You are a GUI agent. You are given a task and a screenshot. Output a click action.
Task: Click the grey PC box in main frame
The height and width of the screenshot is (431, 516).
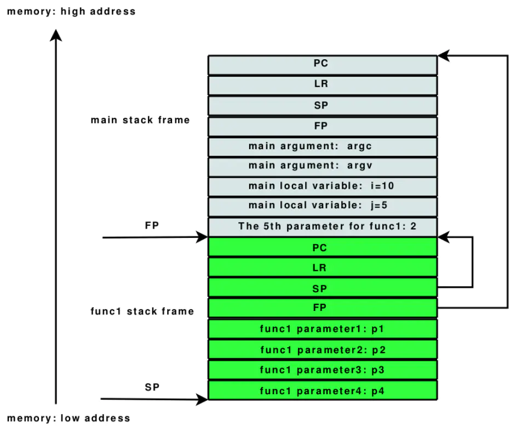[x=322, y=64]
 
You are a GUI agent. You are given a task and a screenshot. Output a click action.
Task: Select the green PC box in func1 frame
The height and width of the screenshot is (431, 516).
[x=322, y=247]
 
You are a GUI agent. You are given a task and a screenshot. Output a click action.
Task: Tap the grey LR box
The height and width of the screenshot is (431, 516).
[x=322, y=84]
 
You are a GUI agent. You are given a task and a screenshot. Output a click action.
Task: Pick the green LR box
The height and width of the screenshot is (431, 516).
[x=322, y=268]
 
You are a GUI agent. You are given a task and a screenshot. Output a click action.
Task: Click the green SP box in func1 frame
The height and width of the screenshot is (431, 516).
[x=322, y=288]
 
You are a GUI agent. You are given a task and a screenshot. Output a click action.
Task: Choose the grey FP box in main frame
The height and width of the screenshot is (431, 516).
[x=322, y=126]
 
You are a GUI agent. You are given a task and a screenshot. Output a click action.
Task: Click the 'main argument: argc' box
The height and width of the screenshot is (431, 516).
[x=322, y=146]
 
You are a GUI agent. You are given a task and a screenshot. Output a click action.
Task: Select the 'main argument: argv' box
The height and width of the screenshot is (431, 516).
[x=322, y=166]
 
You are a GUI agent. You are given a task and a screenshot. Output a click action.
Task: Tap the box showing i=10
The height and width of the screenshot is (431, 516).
[x=322, y=186]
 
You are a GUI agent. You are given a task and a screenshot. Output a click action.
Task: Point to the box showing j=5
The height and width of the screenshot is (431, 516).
[x=322, y=206]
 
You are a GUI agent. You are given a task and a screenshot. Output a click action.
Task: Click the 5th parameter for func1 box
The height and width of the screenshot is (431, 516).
[x=322, y=226]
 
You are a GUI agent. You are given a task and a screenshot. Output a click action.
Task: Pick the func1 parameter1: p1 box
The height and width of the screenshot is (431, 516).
[x=322, y=329]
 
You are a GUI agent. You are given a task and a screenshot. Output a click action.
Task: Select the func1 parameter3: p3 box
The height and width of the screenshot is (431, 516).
[x=322, y=370]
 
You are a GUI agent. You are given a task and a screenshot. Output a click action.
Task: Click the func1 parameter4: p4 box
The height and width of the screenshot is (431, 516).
[x=322, y=390]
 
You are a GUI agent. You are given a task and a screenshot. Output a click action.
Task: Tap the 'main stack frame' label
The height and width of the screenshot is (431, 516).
[x=140, y=120]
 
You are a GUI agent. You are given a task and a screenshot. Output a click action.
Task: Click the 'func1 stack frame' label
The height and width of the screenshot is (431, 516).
[x=142, y=311]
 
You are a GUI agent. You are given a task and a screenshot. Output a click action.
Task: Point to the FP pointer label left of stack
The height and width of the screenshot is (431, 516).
[x=152, y=225]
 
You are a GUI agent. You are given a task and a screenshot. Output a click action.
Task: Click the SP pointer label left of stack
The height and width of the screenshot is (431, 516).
[x=152, y=387]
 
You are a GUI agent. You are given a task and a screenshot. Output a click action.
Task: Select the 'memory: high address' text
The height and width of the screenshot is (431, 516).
[x=71, y=11]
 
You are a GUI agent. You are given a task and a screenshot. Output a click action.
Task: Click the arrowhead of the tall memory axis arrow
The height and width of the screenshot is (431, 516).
[x=56, y=35]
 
